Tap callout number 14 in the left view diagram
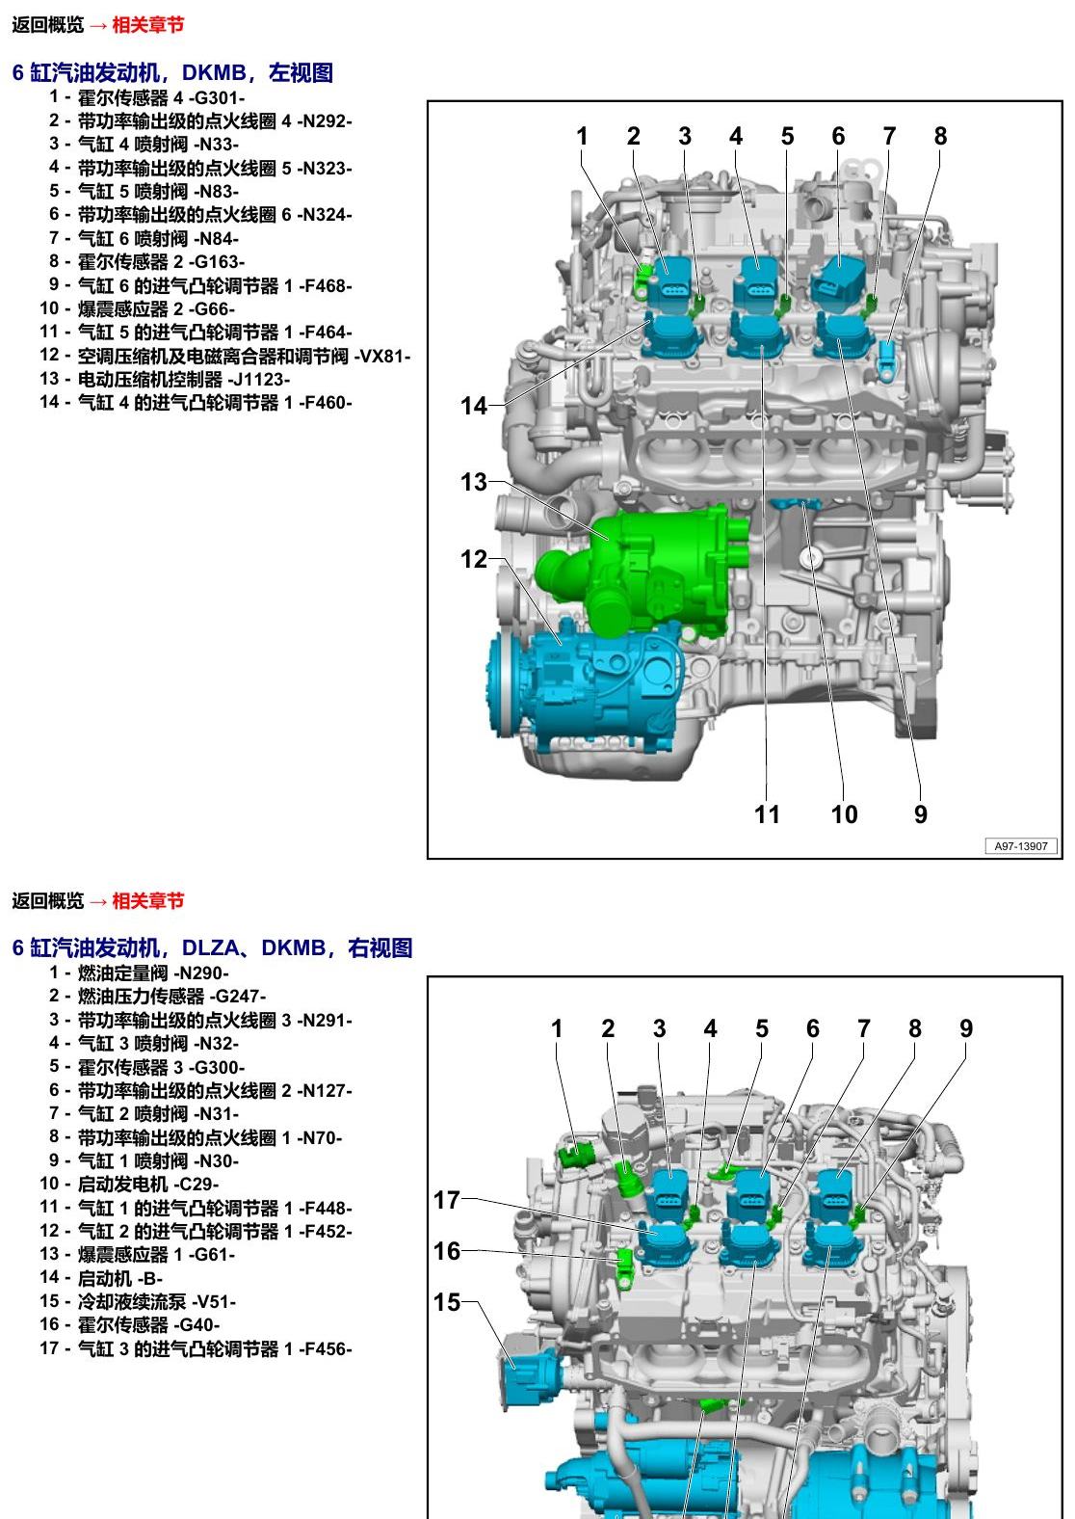[474, 406]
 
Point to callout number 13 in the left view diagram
[474, 482]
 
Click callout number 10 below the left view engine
[844, 813]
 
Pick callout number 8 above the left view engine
[940, 136]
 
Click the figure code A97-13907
[1021, 846]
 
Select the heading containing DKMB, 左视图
[172, 72]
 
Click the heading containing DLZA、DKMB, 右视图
[212, 947]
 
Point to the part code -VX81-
[382, 356]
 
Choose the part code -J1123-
[259, 380]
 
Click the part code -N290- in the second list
[201, 973]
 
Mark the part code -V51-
[214, 1302]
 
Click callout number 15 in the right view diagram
[447, 1302]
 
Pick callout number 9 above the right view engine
[966, 1028]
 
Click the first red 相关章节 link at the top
[147, 25]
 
